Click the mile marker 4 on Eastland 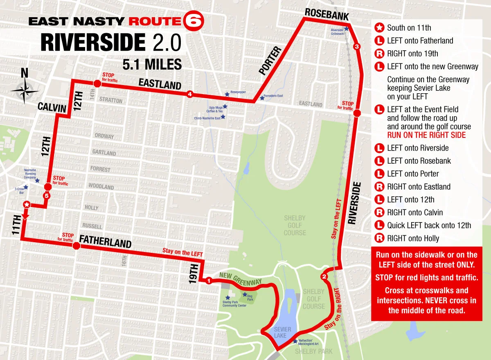[x=190, y=94]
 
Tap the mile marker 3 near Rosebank [x=357, y=47]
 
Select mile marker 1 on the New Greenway [x=209, y=281]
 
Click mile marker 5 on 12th [x=47, y=196]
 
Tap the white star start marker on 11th [x=27, y=204]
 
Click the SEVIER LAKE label [x=282, y=332]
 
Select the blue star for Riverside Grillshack [x=347, y=29]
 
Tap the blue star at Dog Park [x=245, y=295]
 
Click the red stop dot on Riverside [x=357, y=113]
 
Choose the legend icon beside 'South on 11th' [x=379, y=28]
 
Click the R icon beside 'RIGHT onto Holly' [x=379, y=239]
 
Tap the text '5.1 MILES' [x=152, y=64]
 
